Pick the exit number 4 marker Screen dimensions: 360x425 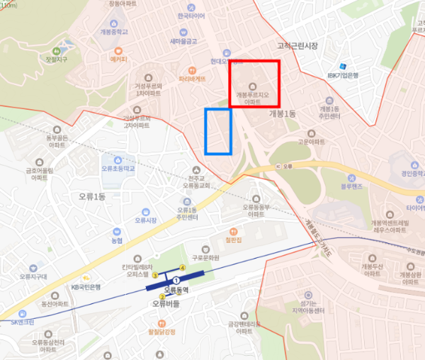point(183,267)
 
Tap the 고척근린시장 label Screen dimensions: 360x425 point(297,46)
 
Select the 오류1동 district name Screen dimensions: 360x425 point(89,196)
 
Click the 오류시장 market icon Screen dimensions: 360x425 point(144,211)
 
